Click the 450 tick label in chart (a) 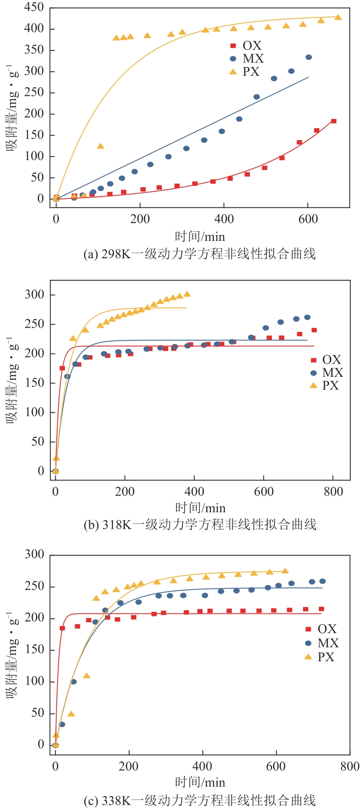pyautogui.click(x=34, y=7)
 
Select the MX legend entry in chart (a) pyautogui.click(x=247, y=58)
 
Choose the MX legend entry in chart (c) pyautogui.click(x=322, y=643)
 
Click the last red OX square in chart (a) pyautogui.click(x=334, y=121)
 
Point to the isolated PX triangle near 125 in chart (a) pyautogui.click(x=100, y=146)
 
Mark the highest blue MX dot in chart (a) pyautogui.click(x=309, y=57)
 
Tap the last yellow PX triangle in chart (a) pyautogui.click(x=338, y=17)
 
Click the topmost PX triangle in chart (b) pyautogui.click(x=187, y=294)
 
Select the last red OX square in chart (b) pyautogui.click(x=314, y=330)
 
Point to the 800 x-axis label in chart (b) pyautogui.click(x=333, y=491)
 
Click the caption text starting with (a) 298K pyautogui.click(x=199, y=254)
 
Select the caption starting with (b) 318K pyautogui.click(x=200, y=525)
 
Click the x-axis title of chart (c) pyautogui.click(x=200, y=782)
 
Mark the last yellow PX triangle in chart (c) pyautogui.click(x=285, y=571)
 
